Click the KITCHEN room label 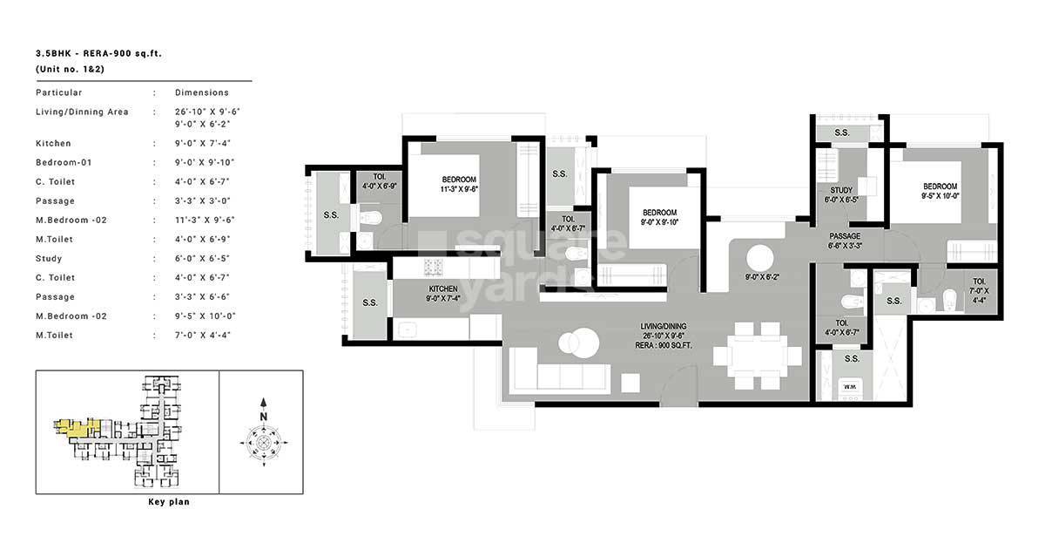443,288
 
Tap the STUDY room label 841,189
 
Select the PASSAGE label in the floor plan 845,236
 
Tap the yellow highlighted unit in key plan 76,428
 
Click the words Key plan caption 169,502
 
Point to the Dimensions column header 201,92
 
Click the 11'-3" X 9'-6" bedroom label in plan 460,187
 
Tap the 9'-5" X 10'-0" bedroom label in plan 940,196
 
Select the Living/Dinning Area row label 82,112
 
